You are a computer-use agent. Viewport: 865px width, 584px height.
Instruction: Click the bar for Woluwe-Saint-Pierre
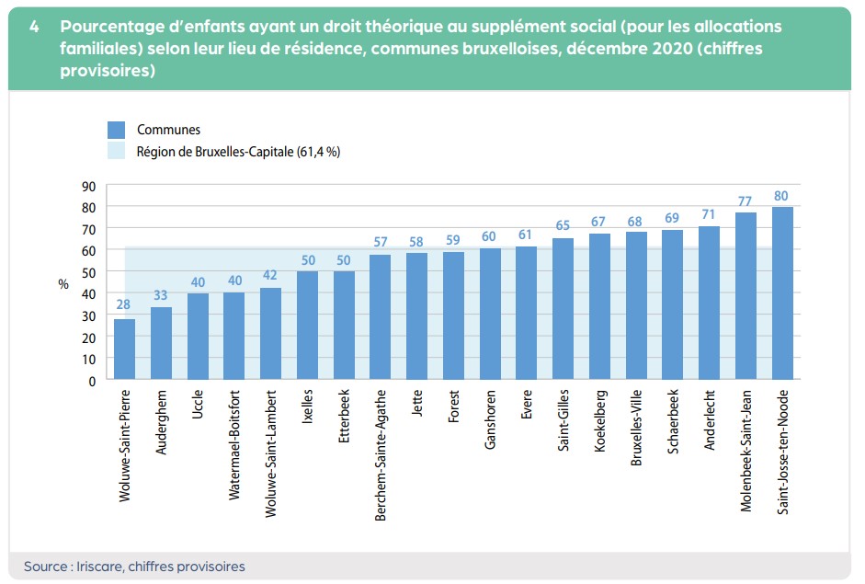[124, 349]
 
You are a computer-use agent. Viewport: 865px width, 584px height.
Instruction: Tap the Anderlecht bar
[709, 303]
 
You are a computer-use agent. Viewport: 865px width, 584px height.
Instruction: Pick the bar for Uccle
[198, 337]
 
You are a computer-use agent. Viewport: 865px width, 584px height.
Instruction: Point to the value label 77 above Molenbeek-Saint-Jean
[745, 200]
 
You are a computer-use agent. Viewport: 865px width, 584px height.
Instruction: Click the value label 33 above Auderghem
[161, 295]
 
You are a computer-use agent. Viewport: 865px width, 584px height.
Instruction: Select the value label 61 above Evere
[526, 235]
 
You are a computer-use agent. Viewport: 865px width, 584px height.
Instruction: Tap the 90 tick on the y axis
[88, 185]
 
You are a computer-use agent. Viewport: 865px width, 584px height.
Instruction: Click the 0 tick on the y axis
[92, 380]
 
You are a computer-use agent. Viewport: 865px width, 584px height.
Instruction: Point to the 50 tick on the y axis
[88, 271]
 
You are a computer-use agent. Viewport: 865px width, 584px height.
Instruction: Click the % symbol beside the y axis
[63, 284]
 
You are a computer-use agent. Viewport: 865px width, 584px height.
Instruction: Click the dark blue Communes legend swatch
[116, 130]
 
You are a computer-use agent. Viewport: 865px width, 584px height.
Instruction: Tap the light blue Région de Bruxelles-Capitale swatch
[116, 152]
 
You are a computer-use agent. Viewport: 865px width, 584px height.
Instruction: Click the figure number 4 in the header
[33, 27]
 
